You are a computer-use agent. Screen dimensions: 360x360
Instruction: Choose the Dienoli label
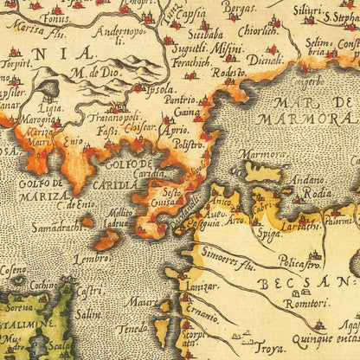tap(263, 60)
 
